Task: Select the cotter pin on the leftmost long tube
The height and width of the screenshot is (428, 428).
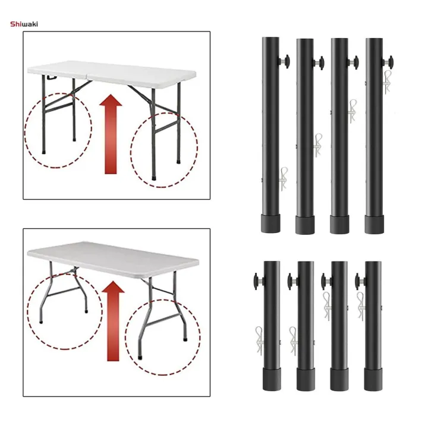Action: pos(283,178)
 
